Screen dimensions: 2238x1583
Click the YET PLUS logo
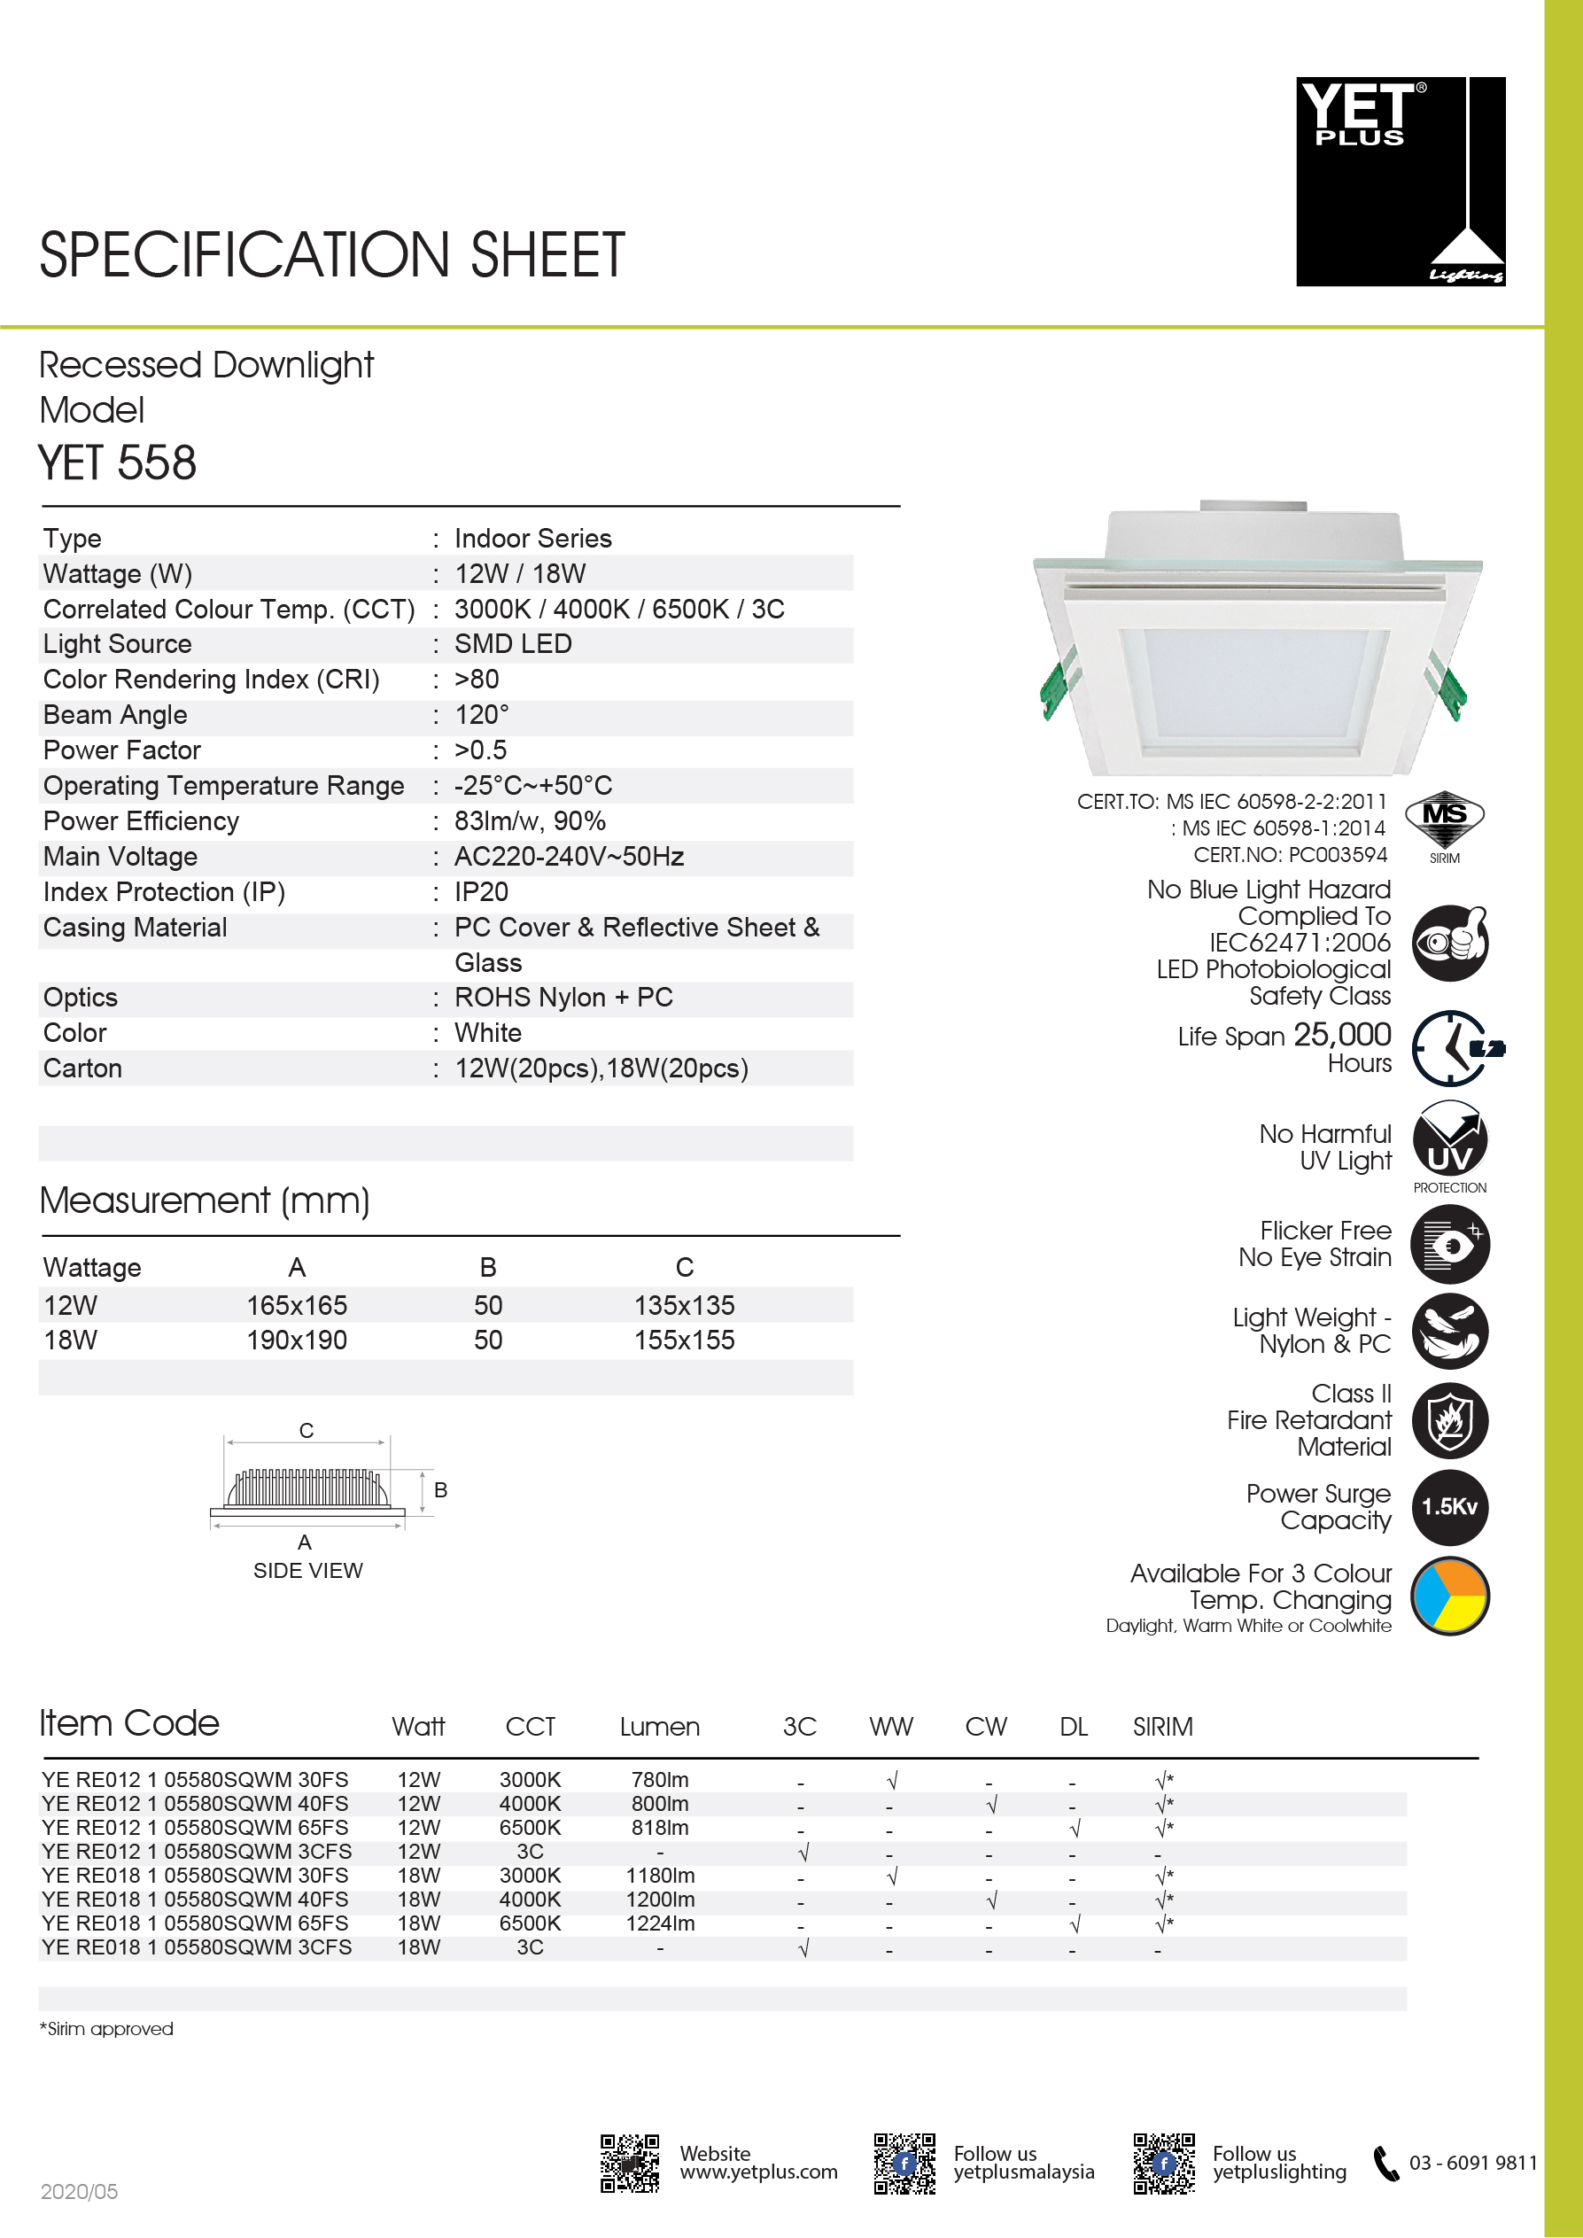[1400, 182]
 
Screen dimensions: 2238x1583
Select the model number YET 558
[117, 463]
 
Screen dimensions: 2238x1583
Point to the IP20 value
[482, 892]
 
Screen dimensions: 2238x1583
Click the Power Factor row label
[122, 750]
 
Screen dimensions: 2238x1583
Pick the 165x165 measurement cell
[297, 1305]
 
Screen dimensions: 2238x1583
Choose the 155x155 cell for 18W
[684, 1340]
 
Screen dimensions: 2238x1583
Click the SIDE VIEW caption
[308, 1570]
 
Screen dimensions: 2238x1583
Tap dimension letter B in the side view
[440, 1489]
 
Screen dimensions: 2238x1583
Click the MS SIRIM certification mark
[1445, 825]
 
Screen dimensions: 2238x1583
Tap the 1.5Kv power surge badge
[1449, 1507]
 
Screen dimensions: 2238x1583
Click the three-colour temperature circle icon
[1449, 1597]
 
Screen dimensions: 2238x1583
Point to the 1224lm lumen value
[660, 1923]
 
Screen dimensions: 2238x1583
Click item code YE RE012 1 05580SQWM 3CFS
[196, 1851]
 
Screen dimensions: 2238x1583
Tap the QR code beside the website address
[630, 2163]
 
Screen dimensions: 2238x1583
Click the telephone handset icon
[1385, 2163]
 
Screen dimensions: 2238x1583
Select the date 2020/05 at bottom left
[79, 2191]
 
